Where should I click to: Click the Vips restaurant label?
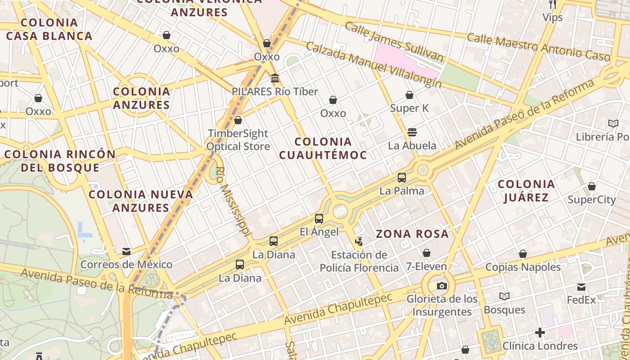coord(553,18)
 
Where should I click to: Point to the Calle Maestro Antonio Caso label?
coord(538,47)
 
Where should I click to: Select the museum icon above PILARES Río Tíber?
coord(274,79)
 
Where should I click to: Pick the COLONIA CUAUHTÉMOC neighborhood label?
coord(323,148)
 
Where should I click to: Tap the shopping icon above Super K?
coord(409,95)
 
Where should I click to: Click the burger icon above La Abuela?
coord(412,132)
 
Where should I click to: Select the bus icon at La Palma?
coord(402,178)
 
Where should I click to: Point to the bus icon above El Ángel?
coord(319,219)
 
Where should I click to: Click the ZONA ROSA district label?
coord(412,234)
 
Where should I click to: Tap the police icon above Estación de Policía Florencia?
coord(359,242)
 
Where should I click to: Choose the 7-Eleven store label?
coord(427,266)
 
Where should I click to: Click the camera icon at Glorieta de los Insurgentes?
coord(442,286)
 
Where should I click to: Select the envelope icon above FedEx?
coord(581,287)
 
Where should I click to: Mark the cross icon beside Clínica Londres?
coord(540,333)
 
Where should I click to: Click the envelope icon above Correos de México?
coord(126,251)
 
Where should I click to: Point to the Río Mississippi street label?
coord(233,201)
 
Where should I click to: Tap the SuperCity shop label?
coord(591,199)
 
